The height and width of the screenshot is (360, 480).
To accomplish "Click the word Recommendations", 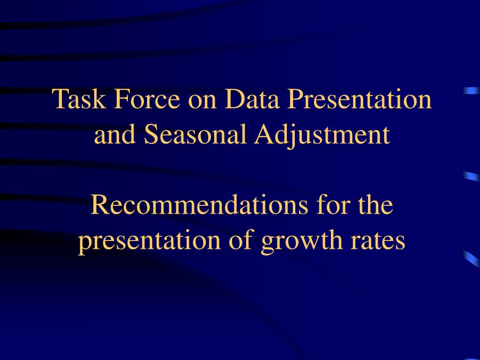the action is (x=199, y=205).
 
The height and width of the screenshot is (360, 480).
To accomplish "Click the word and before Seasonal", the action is (x=115, y=134).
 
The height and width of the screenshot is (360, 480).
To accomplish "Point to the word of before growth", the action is (x=241, y=240).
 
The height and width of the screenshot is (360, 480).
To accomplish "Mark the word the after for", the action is (x=375, y=205).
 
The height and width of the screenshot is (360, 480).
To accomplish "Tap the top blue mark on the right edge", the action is (x=472, y=90).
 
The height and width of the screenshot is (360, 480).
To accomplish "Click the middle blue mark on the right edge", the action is (x=472, y=176).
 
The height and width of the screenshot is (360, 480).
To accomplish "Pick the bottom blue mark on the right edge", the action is (x=472, y=259).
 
